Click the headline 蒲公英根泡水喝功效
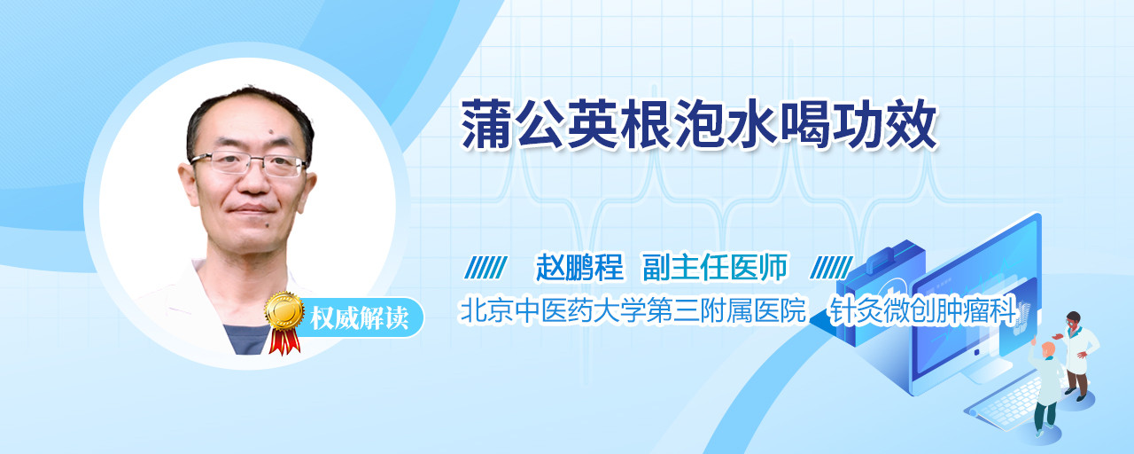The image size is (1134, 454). click(x=699, y=124)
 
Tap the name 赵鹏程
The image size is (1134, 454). click(x=579, y=267)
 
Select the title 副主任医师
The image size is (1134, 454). click(x=715, y=267)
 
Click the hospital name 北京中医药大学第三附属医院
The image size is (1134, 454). click(x=633, y=310)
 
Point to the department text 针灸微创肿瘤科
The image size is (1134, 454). click(x=922, y=310)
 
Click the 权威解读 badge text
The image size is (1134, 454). click(x=359, y=318)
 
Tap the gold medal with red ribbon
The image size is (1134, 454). click(x=284, y=323)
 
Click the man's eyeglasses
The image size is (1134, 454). click(x=249, y=164)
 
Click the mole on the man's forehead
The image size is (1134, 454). click(x=270, y=133)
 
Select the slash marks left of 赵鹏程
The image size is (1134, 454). click(x=485, y=268)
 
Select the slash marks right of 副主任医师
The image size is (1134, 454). click(x=831, y=268)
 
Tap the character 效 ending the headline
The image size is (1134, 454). click(x=912, y=124)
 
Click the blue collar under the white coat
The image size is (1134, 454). click(x=246, y=339)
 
